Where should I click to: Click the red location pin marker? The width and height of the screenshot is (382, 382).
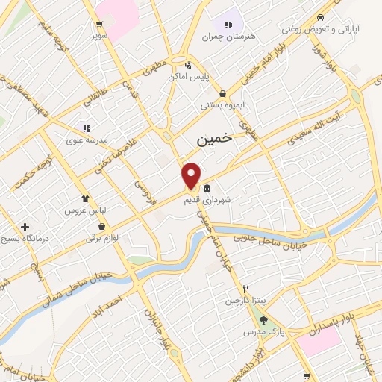192,175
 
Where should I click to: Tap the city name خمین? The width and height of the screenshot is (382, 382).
214,138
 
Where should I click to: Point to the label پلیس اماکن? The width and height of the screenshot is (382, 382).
209,77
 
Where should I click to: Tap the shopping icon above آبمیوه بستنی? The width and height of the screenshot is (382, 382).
223,93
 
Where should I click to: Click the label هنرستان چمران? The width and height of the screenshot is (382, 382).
228,36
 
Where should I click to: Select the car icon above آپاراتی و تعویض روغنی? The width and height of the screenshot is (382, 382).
319,18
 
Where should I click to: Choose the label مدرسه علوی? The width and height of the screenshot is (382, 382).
87,140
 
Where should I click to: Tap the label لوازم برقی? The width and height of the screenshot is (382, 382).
102,239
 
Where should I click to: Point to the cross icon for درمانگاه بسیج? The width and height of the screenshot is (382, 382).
25,227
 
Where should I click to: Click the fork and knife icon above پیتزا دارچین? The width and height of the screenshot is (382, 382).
244,289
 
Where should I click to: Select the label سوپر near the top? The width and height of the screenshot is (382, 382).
99,35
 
